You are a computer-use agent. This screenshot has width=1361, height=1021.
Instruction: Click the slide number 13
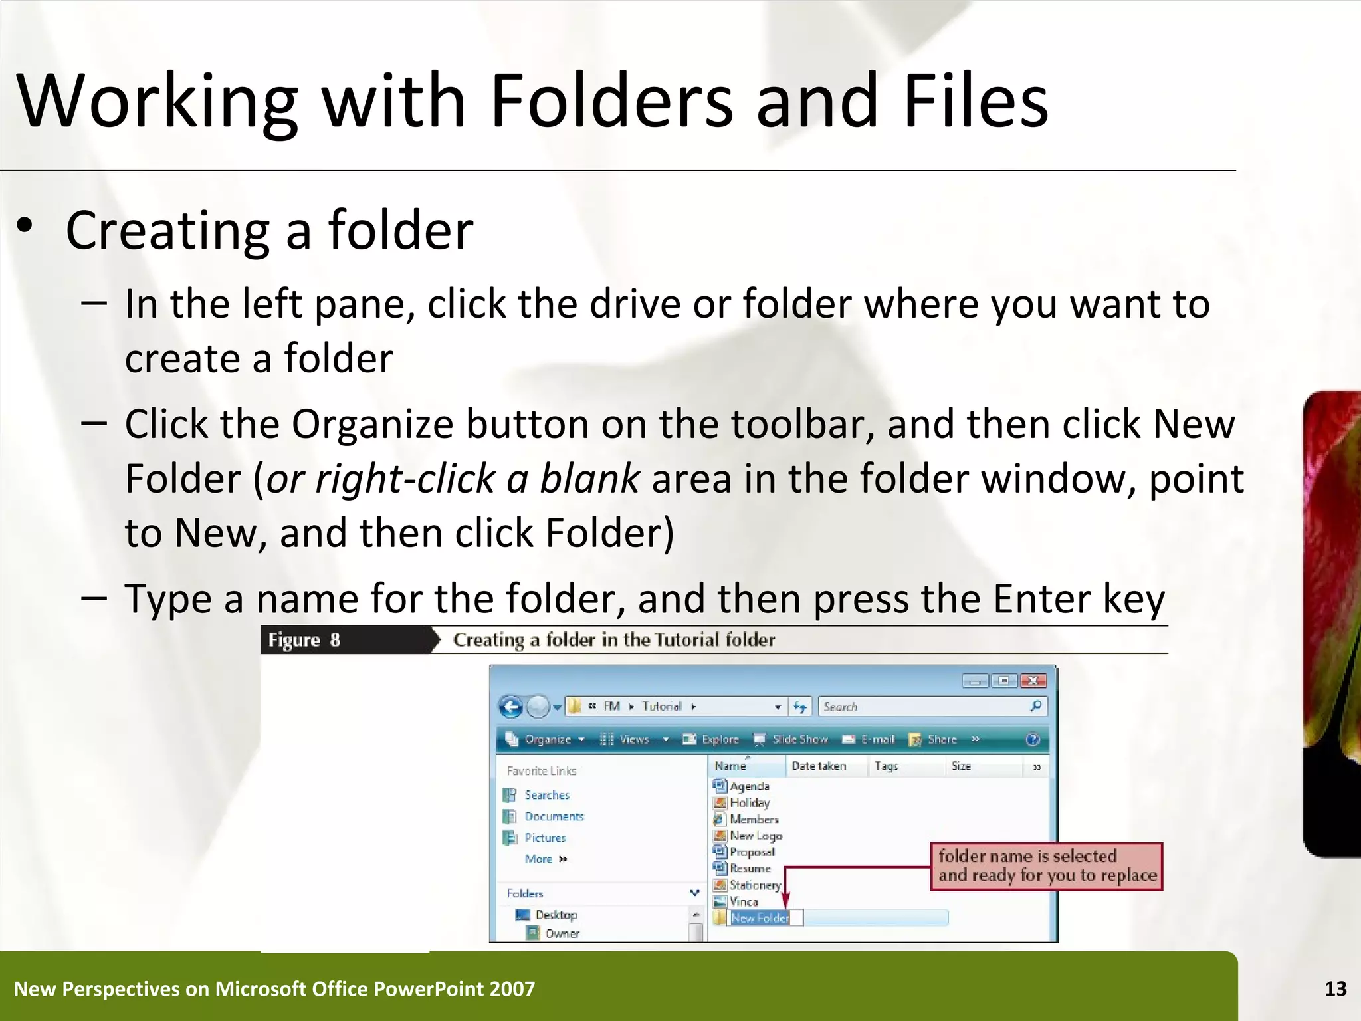pyautogui.click(x=1335, y=989)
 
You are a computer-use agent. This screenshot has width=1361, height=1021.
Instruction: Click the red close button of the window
pyautogui.click(x=1033, y=681)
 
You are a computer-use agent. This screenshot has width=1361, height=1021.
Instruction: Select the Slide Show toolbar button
pyautogui.click(x=792, y=739)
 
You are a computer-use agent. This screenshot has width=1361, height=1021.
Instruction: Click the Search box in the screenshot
pyautogui.click(x=924, y=707)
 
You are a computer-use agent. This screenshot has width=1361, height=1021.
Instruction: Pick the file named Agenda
pyautogui.click(x=749, y=786)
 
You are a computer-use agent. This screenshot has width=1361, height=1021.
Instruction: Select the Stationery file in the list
pyautogui.click(x=754, y=885)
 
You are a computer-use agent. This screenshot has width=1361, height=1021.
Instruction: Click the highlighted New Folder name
pyautogui.click(x=760, y=918)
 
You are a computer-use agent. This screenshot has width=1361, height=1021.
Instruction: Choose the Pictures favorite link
pyautogui.click(x=545, y=838)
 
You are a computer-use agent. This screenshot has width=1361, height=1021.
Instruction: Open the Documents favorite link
pyautogui.click(x=554, y=816)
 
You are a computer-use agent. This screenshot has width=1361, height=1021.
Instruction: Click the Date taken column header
pyautogui.click(x=819, y=766)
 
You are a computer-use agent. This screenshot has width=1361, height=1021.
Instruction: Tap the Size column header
pyautogui.click(x=961, y=766)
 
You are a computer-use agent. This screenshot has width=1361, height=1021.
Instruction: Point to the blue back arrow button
pyautogui.click(x=510, y=707)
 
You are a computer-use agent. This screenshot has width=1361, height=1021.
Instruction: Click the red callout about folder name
pyautogui.click(x=1047, y=866)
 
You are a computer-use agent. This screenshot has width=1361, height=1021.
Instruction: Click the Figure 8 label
pyautogui.click(x=304, y=640)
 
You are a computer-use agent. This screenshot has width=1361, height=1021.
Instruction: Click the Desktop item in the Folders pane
pyautogui.click(x=556, y=915)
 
